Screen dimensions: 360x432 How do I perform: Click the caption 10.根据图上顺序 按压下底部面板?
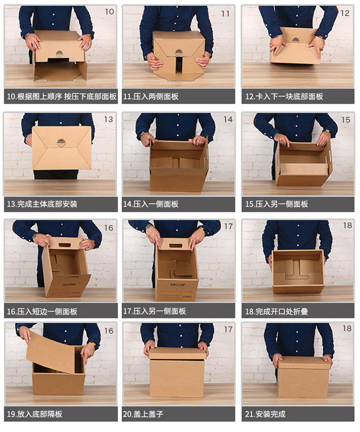62,97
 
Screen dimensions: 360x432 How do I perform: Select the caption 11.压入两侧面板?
151,97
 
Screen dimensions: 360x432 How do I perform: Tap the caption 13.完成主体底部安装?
42,204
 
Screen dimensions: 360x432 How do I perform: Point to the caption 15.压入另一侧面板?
277,204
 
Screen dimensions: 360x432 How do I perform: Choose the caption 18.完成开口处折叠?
277,312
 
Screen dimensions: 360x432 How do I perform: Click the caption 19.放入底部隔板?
35,414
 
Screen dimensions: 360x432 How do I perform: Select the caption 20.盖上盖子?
143,414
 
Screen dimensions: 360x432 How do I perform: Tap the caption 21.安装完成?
265,414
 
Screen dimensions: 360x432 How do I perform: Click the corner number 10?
109,11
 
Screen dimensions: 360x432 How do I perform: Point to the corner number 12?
345,13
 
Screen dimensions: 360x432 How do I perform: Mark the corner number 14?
228,119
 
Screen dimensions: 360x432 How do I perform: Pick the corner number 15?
346,120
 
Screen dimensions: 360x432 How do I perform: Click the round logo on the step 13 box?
61,143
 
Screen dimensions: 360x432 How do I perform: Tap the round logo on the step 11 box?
179,52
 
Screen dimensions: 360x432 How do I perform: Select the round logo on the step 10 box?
59,54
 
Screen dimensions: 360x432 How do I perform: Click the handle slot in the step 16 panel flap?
65,245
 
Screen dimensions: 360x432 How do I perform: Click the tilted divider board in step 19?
51,352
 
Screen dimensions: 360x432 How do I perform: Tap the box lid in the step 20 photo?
177,353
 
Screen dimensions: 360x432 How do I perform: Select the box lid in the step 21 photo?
304,362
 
